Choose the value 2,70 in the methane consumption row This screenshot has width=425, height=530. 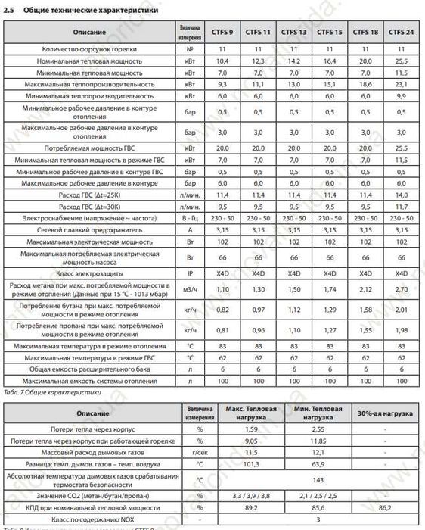coord(401,289)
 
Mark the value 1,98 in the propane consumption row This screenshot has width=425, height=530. coord(401,330)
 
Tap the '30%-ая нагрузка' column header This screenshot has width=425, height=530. coord(383,414)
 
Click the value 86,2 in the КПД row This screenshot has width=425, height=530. coord(383,507)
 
